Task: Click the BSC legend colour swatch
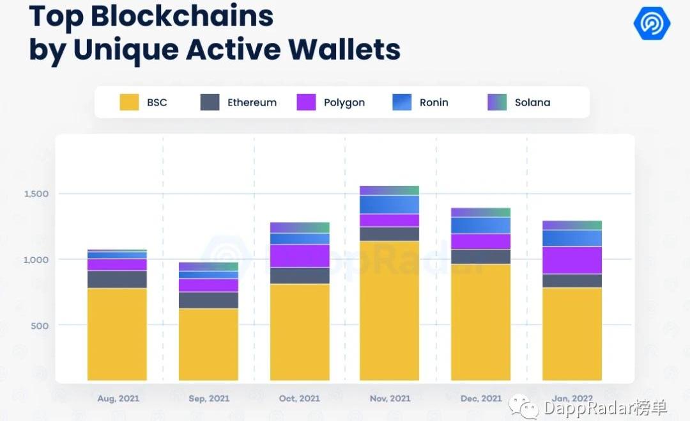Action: pos(129,102)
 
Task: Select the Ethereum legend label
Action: pos(252,102)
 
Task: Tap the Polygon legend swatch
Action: pos(306,102)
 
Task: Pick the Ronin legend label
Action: pos(434,102)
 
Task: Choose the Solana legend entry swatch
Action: pos(497,102)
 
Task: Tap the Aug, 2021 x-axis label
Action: pos(118,399)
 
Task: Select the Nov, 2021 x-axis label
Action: pos(390,399)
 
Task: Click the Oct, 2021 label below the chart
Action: pos(300,399)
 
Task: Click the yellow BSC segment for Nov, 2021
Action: pos(390,310)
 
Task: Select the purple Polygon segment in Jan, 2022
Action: pos(572,260)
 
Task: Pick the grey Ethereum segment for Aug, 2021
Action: pos(117,280)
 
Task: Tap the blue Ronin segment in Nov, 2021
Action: pos(390,205)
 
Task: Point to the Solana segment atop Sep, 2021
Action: pos(208,267)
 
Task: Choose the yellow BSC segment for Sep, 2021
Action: pos(208,344)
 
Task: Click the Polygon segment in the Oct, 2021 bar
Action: pos(300,256)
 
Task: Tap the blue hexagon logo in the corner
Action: pos(652,24)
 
